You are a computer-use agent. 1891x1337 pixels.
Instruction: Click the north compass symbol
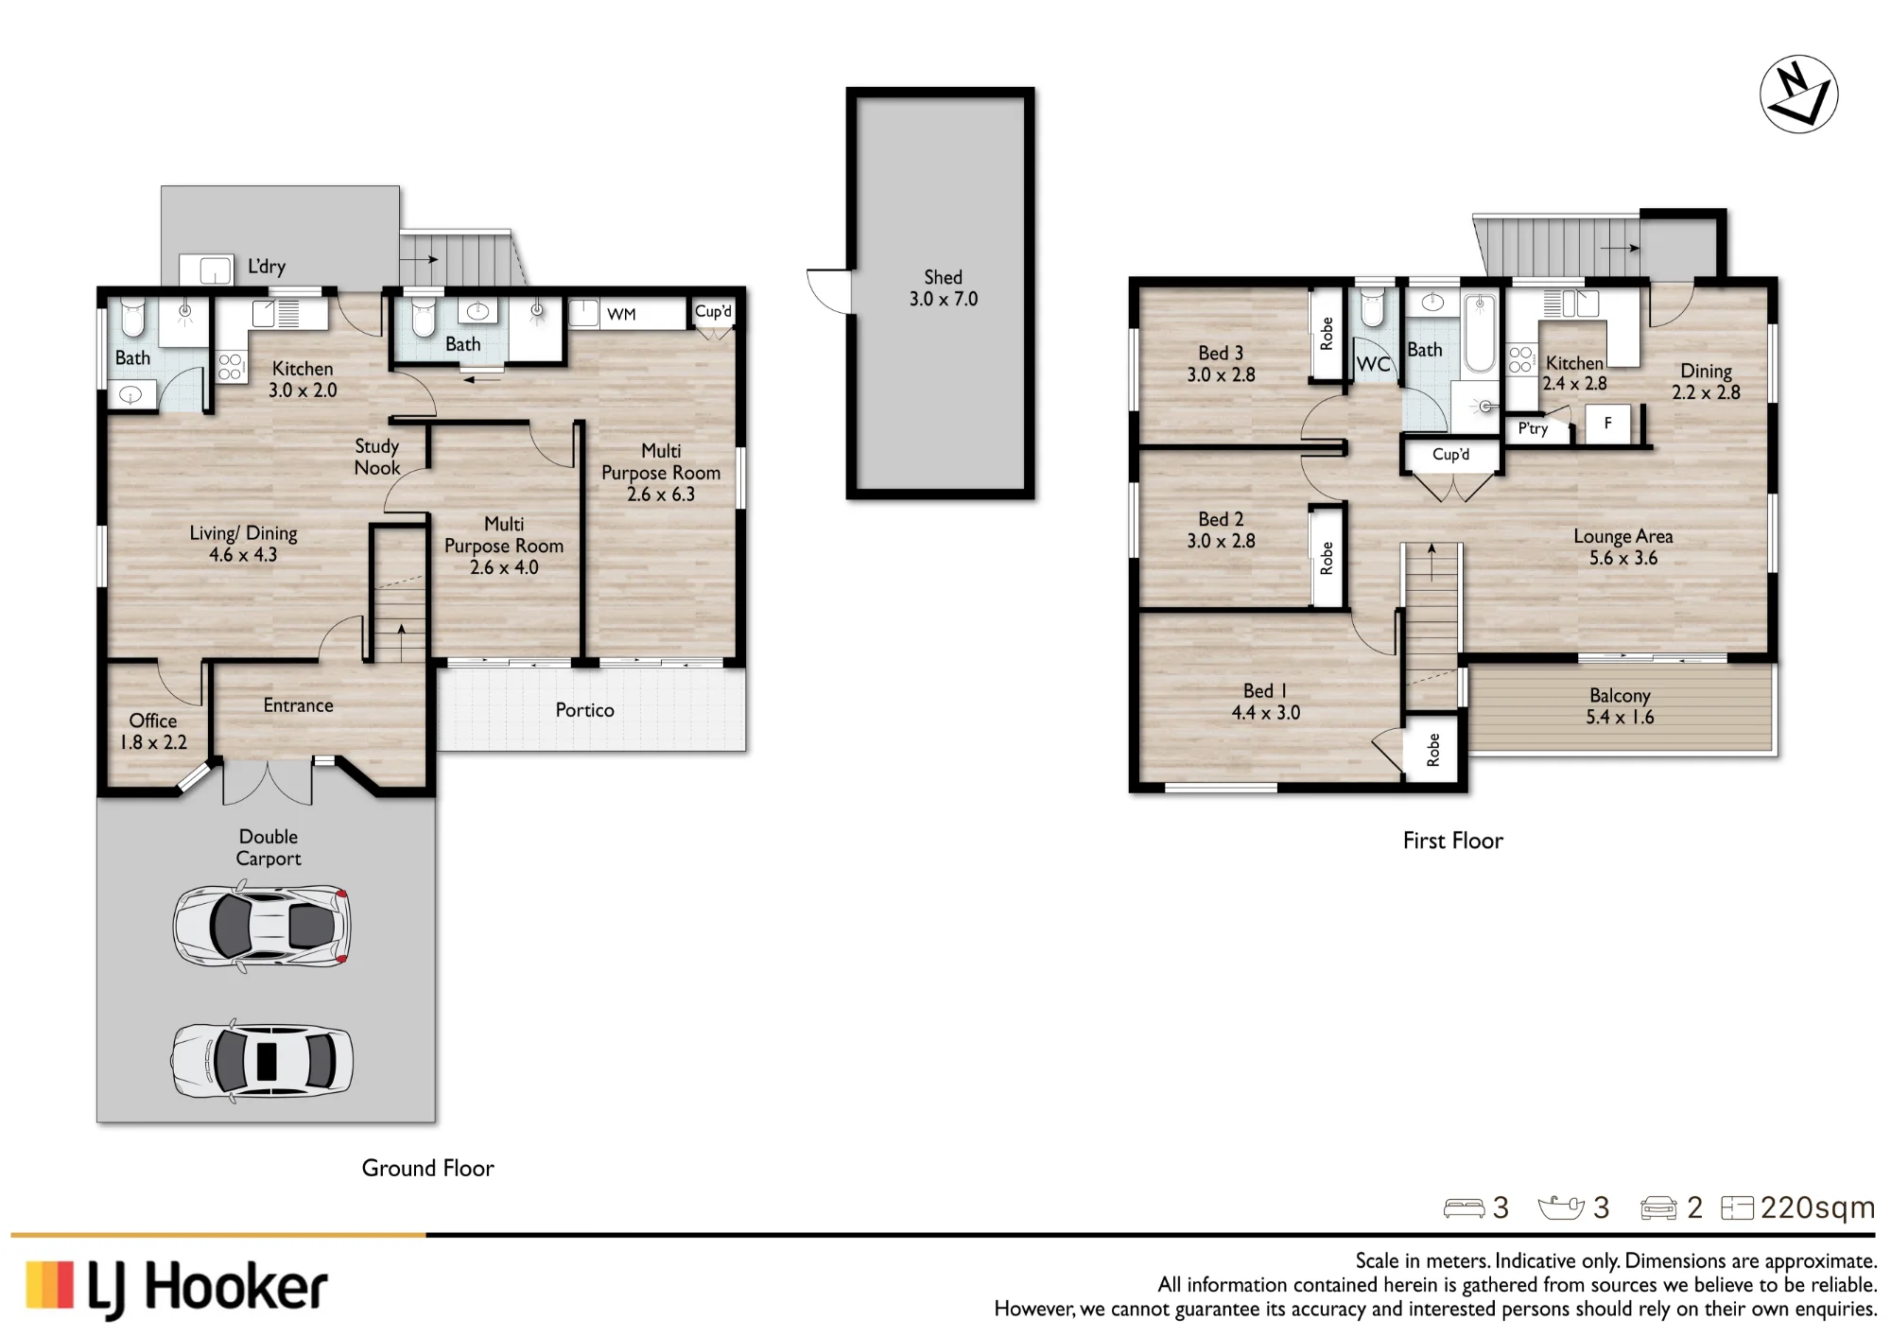point(1798,95)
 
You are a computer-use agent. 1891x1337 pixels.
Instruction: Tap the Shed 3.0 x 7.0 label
point(944,288)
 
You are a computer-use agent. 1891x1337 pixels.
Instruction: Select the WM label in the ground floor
point(621,314)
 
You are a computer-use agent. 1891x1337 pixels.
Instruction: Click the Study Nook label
point(376,457)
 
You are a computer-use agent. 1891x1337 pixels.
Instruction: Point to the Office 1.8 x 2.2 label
point(153,732)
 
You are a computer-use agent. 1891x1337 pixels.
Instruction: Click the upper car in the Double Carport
point(262,926)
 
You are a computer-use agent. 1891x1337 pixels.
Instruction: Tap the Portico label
point(584,710)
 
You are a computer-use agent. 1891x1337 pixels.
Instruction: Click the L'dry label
point(267,267)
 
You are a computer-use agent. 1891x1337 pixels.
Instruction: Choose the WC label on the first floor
point(1373,365)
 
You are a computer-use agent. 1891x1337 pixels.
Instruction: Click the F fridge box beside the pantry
point(1607,424)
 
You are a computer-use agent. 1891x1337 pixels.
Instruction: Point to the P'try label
point(1533,429)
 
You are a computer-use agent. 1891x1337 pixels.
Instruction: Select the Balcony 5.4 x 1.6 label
point(1620,706)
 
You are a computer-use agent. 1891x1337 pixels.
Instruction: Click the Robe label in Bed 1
point(1433,749)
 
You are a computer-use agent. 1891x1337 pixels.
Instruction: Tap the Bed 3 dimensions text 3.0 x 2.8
point(1221,374)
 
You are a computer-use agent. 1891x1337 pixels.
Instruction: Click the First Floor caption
point(1452,841)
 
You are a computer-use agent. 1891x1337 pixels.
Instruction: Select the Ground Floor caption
point(427,1169)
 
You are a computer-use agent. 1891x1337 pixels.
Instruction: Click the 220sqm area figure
point(1817,1207)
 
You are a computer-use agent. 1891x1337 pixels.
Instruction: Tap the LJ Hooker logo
point(177,1288)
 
